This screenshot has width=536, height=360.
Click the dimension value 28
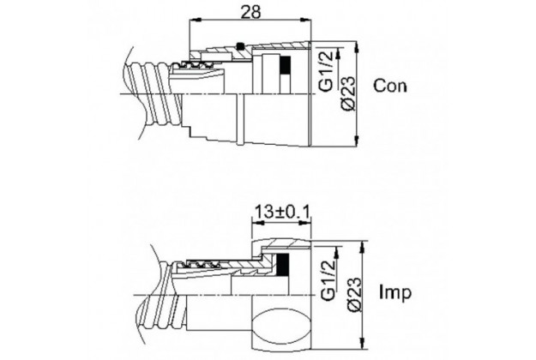[x=250, y=12]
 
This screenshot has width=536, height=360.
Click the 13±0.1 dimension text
[x=282, y=212]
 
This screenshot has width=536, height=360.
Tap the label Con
[x=390, y=86]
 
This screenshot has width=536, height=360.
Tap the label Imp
[x=395, y=292]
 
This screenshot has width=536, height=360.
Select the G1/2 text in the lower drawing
[x=328, y=279]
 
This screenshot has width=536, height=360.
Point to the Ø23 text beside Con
[x=349, y=93]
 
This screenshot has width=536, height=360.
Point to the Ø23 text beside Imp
[x=354, y=294]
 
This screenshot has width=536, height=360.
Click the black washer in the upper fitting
[x=285, y=64]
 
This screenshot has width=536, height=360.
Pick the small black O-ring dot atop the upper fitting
[x=240, y=45]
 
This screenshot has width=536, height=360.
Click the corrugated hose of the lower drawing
[x=161, y=297]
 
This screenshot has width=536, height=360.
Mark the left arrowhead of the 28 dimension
[x=195, y=21]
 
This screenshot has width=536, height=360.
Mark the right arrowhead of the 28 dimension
[x=305, y=21]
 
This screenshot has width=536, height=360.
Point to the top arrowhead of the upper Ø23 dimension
[x=356, y=47]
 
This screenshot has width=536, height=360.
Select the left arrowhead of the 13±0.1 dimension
[x=257, y=223]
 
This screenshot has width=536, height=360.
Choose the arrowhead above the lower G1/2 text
[x=337, y=252]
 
